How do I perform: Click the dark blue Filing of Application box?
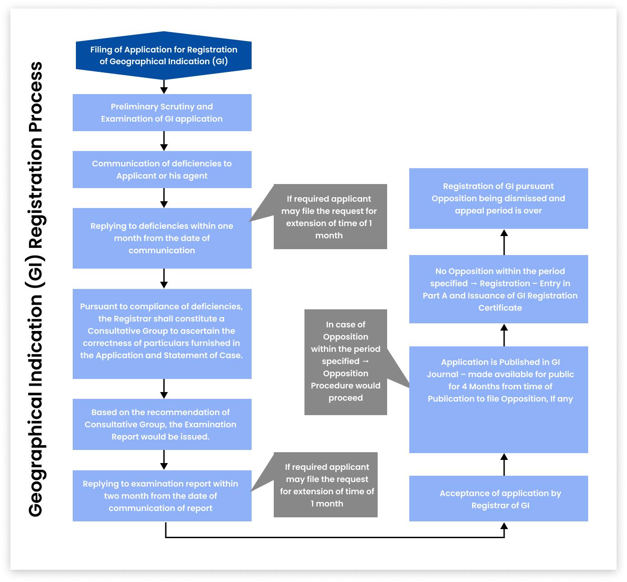point(164,56)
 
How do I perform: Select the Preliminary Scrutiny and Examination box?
point(162,113)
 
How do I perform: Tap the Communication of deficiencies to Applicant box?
point(162,170)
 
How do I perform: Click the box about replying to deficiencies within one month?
point(162,238)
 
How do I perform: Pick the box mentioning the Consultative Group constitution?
point(162,333)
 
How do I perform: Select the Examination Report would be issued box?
point(162,424)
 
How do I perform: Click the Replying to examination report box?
point(162,496)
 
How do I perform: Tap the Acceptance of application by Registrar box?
point(498,499)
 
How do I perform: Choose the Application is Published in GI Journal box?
point(498,399)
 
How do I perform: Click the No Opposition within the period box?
point(498,289)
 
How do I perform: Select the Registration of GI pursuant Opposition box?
point(498,198)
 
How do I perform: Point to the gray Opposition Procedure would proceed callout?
point(346,362)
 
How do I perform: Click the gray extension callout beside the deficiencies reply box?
point(330,217)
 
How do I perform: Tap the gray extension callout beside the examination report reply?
point(326,485)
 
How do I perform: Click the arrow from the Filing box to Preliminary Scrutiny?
point(164,86)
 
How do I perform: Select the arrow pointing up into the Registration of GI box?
point(504,242)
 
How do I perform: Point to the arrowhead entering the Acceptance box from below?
point(504,526)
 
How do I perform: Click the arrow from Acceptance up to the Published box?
point(504,464)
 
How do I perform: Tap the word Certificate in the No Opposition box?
point(500,308)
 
